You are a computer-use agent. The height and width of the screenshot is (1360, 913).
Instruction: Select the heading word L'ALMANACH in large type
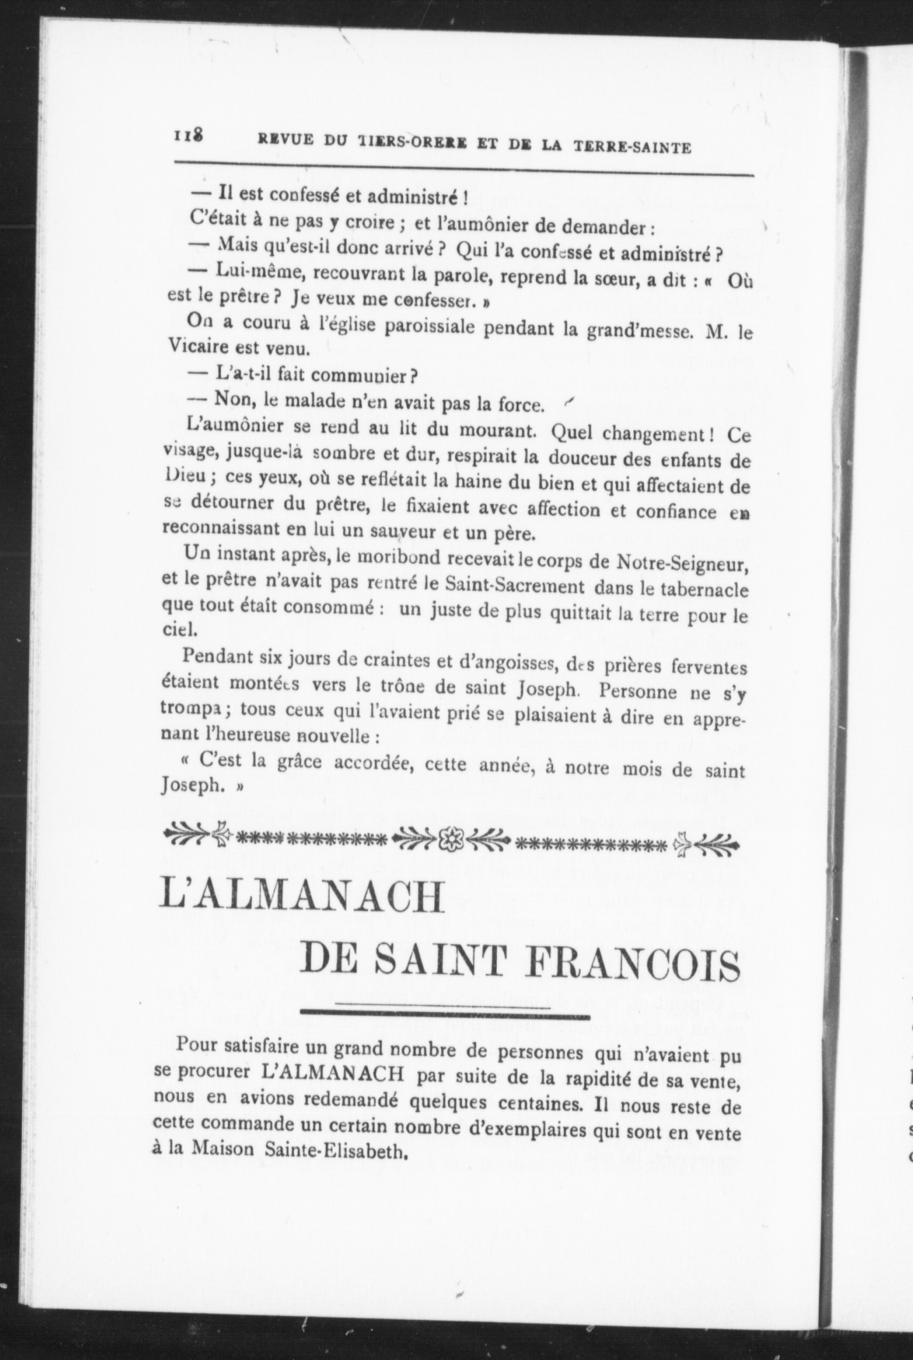pyautogui.click(x=302, y=898)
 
